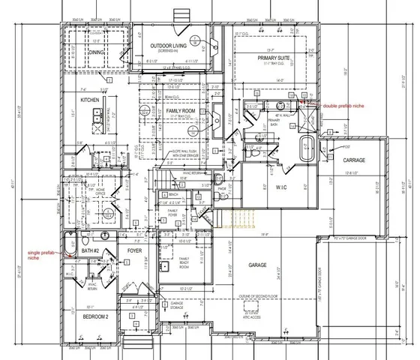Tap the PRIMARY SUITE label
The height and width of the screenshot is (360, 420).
coord(274,57)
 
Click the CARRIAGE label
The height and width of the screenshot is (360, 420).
coord(354,160)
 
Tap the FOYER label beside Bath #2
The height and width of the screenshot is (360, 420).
coord(135,250)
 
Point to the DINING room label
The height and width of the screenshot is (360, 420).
coord(96,52)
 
